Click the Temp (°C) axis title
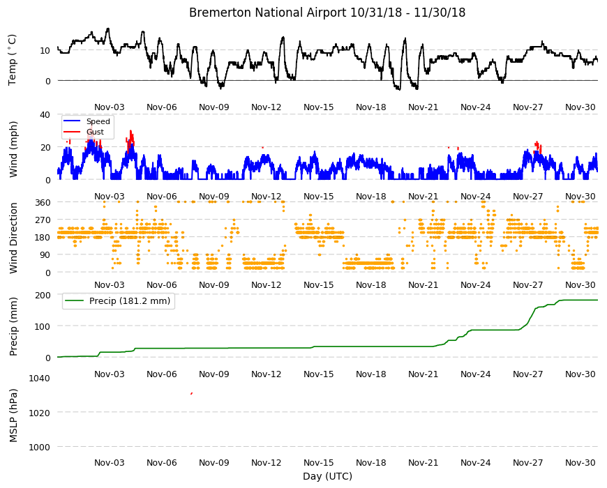pos(13,60)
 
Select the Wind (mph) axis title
pos(13,149)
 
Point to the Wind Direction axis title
pos(13,238)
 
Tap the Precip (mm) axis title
pos(13,326)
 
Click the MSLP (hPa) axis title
pos(13,415)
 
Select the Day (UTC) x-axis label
pos(327,476)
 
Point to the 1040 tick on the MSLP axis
pos(40,378)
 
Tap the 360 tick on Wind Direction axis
pos(43,202)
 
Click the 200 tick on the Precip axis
pos(43,295)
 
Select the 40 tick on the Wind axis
pos(45,114)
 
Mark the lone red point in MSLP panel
pos(192,394)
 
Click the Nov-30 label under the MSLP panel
pos(580,462)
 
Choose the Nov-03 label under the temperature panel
pos(110,107)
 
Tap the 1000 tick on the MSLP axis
pos(40,447)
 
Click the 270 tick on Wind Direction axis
pos(43,220)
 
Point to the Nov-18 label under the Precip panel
pos(371,374)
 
